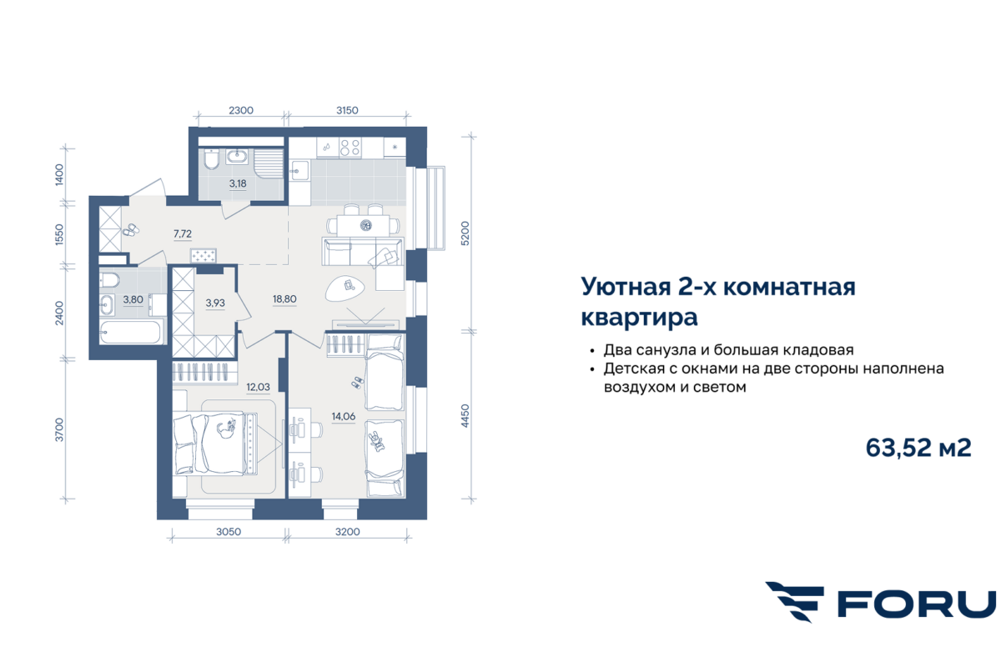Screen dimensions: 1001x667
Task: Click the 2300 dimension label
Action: (x=241, y=110)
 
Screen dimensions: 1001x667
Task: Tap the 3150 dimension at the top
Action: (x=347, y=110)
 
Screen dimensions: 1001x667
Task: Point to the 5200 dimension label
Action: (x=465, y=233)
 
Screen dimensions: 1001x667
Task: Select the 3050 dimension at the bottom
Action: (x=229, y=532)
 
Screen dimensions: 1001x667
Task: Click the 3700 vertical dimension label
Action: (x=59, y=429)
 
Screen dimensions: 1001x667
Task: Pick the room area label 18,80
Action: (x=284, y=298)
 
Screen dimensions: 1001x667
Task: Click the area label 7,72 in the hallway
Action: (x=183, y=233)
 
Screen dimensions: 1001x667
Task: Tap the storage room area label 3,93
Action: (x=215, y=303)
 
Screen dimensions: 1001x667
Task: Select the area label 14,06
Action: (x=343, y=416)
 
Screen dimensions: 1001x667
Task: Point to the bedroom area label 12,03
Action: (x=259, y=387)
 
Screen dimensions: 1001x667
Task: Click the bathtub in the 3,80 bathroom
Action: (x=130, y=333)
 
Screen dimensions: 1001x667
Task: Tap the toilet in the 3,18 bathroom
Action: (x=211, y=160)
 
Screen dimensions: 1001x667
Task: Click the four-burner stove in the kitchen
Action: (x=350, y=148)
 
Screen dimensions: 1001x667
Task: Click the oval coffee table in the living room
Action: (x=345, y=288)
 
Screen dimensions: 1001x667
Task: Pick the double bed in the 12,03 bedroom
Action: (x=215, y=444)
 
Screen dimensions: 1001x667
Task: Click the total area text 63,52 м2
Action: (x=918, y=448)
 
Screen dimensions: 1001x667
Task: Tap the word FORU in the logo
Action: (x=916, y=604)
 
